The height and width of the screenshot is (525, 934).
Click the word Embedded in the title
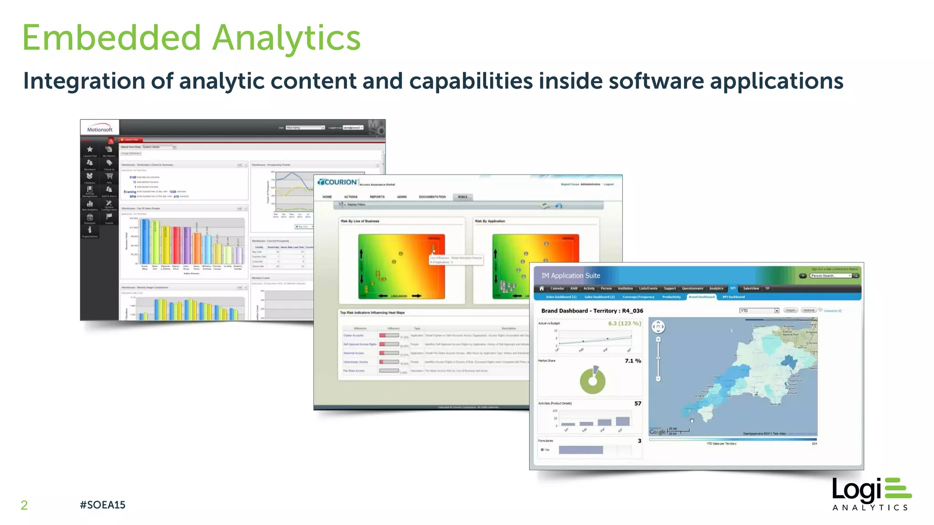(112, 38)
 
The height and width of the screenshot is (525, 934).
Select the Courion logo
(338, 182)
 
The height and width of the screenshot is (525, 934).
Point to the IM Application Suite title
(571, 276)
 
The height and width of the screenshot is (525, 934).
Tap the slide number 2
(24, 505)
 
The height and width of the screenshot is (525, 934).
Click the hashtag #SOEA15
(103, 505)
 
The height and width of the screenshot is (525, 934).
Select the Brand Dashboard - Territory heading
(592, 311)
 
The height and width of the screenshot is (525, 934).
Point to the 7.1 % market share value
(633, 361)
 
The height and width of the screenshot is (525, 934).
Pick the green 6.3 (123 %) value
(624, 324)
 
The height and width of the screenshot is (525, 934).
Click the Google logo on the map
(657, 432)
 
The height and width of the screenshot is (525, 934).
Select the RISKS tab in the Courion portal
(462, 197)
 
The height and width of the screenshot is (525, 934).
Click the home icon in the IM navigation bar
(542, 288)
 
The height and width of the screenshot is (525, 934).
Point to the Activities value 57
(638, 403)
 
